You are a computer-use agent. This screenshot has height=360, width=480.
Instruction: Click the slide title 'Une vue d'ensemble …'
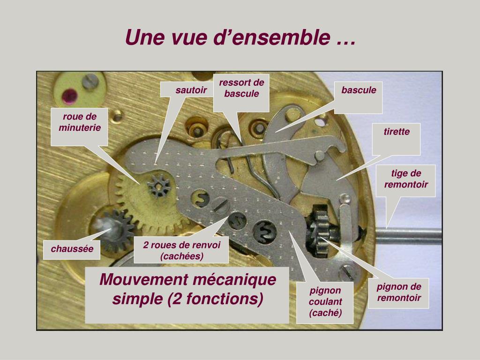(x=240, y=37)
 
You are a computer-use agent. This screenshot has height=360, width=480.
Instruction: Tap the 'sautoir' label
(x=191, y=90)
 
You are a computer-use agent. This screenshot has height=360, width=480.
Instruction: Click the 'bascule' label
(x=359, y=90)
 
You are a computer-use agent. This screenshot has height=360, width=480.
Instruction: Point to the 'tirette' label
(x=397, y=132)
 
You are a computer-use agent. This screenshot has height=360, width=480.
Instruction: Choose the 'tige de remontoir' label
(x=405, y=179)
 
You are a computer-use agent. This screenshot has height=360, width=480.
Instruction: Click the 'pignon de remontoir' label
(x=399, y=292)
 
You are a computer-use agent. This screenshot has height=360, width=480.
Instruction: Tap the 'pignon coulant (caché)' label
(x=325, y=301)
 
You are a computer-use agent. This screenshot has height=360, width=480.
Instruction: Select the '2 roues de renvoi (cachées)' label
(x=181, y=250)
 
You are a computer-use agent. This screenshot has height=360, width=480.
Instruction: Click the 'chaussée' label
(x=72, y=249)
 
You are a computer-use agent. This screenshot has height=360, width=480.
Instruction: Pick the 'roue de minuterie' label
(x=80, y=122)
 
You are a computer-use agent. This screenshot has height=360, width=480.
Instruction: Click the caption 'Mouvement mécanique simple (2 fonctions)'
(x=187, y=289)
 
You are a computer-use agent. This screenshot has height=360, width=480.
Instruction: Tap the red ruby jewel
(x=70, y=96)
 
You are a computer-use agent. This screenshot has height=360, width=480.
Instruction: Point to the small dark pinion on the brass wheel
(x=158, y=186)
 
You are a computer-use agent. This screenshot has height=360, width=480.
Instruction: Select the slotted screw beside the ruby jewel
(x=90, y=82)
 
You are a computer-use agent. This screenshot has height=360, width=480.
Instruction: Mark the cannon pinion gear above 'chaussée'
(x=116, y=230)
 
